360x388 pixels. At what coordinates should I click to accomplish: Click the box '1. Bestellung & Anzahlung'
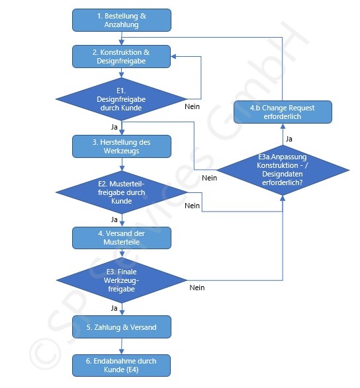(121, 20)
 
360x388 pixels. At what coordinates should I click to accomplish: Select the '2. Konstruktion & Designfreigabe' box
(121, 56)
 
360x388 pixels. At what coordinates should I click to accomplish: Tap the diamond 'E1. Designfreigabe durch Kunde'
(121, 99)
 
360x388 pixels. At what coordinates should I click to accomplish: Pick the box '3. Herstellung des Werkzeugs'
(121, 147)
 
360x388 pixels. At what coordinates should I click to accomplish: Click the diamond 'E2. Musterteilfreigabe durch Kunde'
(121, 192)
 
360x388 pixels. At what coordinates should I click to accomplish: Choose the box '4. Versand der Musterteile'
(121, 238)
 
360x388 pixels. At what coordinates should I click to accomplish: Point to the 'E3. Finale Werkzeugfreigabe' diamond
(121, 280)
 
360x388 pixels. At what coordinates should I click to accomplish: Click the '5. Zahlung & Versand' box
(121, 327)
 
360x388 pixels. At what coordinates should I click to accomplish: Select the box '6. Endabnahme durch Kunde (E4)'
(121, 366)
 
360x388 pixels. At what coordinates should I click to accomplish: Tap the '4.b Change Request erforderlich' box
(283, 112)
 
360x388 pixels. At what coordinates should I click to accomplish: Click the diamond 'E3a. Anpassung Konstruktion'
(283, 170)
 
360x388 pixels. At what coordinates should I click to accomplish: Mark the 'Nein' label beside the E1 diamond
(193, 106)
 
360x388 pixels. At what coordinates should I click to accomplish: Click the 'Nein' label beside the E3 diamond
(197, 288)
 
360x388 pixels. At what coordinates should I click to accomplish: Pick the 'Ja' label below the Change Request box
(289, 139)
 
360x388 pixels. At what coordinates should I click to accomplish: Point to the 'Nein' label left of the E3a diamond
(209, 178)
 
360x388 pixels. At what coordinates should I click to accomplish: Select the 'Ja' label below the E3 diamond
(114, 308)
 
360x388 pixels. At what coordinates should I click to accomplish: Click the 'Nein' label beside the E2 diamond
(193, 206)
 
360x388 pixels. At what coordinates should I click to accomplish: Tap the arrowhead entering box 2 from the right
(173, 57)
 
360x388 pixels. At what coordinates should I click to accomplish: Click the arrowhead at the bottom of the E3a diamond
(283, 198)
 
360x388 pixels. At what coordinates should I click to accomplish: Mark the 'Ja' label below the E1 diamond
(114, 127)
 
